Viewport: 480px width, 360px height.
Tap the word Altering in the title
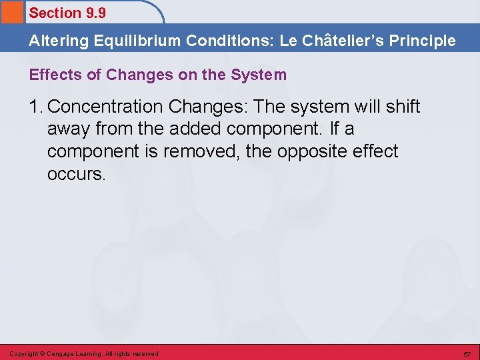click(59, 41)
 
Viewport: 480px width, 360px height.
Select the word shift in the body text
click(402, 107)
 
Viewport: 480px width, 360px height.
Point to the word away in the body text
click(69, 129)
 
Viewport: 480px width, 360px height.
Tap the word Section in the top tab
click(55, 13)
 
